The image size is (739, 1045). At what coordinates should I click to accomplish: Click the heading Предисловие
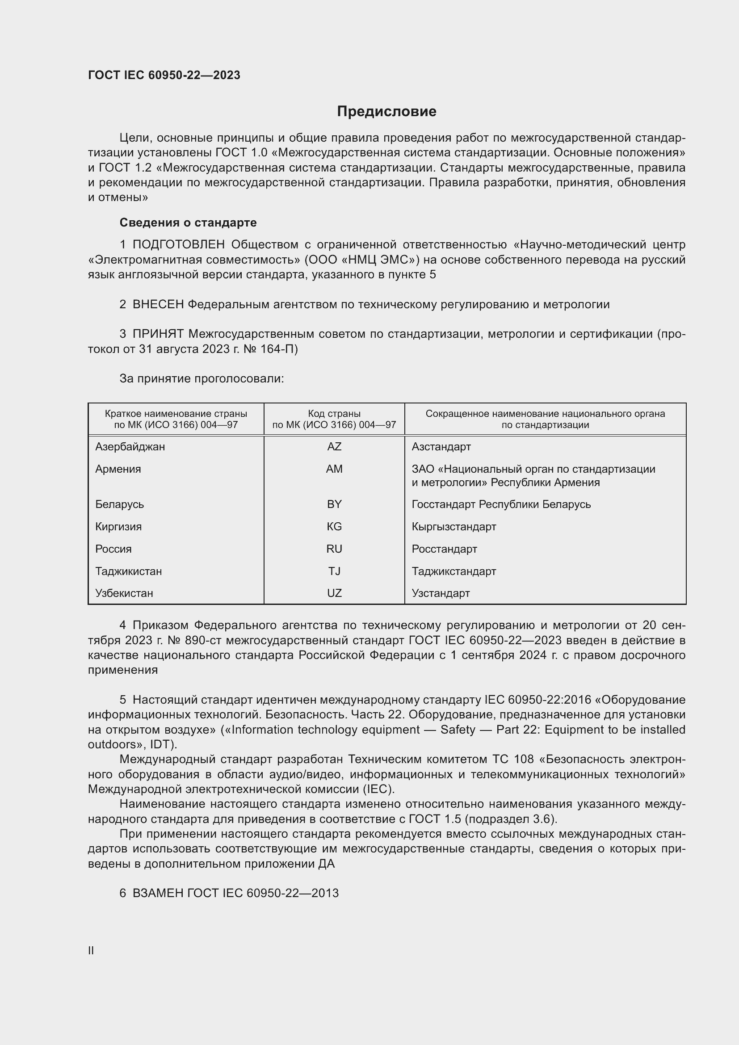[386, 112]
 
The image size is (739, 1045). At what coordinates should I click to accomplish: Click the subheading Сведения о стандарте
[188, 222]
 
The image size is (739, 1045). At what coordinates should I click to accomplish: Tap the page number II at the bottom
[91, 950]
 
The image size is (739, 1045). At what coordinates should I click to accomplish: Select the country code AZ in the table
[334, 446]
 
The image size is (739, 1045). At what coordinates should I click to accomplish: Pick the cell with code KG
[334, 527]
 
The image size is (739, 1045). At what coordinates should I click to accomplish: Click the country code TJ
[334, 571]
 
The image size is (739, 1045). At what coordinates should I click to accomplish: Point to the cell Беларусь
[119, 504]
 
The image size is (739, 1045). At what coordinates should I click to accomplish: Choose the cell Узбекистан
[124, 593]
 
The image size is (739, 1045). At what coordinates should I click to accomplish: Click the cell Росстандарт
[444, 549]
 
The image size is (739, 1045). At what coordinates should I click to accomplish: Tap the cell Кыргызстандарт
[453, 527]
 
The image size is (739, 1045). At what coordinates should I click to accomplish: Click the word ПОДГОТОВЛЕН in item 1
[178, 245]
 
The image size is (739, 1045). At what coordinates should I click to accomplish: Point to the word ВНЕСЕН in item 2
[158, 305]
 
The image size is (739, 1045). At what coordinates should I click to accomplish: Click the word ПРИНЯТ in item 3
[158, 334]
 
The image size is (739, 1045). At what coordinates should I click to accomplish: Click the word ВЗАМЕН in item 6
[158, 893]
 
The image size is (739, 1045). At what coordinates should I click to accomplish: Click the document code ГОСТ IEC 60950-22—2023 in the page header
[164, 75]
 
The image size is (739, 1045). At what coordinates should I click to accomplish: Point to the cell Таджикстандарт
[453, 571]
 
